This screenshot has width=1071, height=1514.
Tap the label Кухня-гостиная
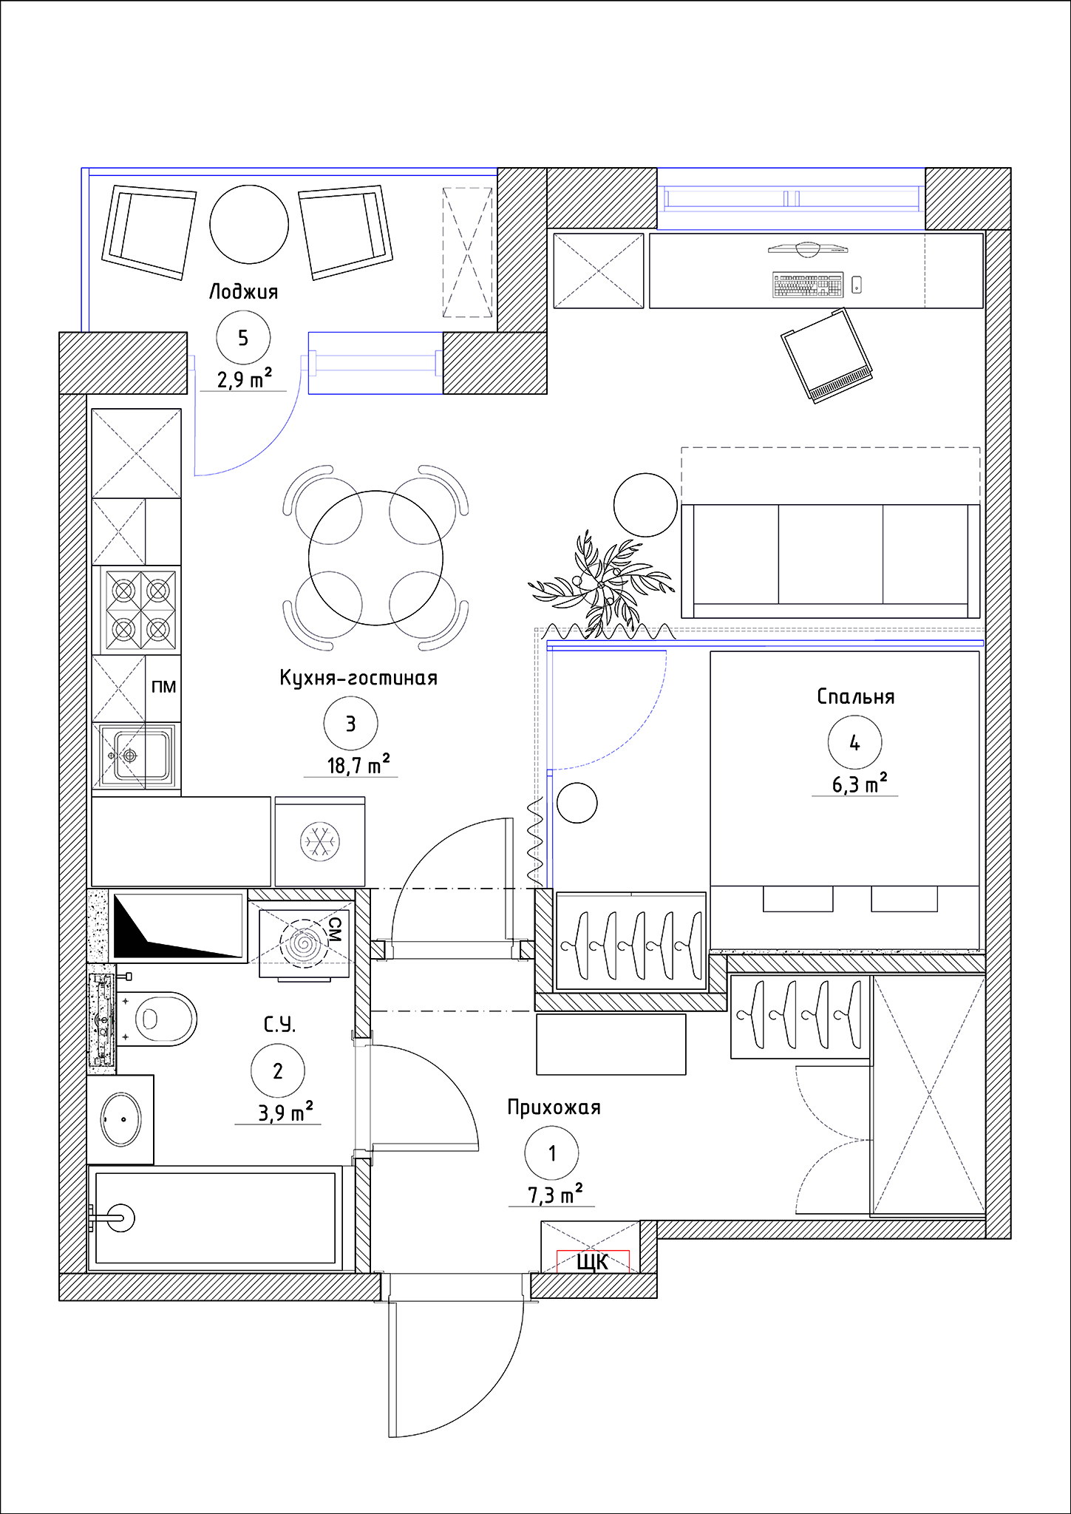tap(358, 678)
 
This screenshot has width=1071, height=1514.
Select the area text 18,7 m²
tap(358, 764)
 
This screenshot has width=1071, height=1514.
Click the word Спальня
tap(856, 696)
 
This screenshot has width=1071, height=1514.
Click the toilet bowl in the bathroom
tap(156, 1019)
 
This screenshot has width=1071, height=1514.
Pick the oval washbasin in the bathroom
tap(120, 1119)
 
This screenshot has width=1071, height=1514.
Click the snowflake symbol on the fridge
tap(320, 842)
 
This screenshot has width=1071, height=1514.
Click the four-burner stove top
tap(140, 610)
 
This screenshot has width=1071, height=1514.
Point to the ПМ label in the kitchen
tap(163, 687)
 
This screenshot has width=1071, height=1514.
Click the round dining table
tap(375, 558)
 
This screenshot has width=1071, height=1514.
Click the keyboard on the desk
tap(808, 284)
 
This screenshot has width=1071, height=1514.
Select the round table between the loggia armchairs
tap(249, 224)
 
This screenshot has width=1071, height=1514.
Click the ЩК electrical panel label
tap(592, 1261)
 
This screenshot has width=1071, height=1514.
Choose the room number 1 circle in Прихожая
tap(551, 1153)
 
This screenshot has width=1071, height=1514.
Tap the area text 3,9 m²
tap(285, 1111)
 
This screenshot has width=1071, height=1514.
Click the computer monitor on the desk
tap(808, 249)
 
